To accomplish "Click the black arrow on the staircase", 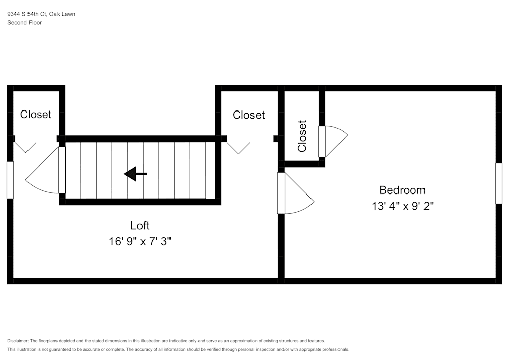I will coord(135,174).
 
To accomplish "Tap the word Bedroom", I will coord(402,190).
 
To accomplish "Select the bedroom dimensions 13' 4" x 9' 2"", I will coord(402,206).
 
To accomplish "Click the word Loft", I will coord(140,225).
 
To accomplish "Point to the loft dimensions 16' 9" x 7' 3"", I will coord(140,241).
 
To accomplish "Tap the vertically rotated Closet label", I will coord(302,136).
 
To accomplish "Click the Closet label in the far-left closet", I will coord(36,115).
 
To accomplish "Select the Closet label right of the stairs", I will coord(248,115).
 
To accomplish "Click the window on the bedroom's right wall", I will coord(498,183).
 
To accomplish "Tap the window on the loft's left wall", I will coord(10,180).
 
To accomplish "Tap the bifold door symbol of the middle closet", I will coord(238,147).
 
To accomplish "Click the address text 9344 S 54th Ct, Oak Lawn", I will coord(41,14).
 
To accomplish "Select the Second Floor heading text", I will coord(24,23).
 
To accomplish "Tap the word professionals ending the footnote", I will coord(334,350).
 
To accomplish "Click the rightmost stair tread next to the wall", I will coord(210,171).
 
